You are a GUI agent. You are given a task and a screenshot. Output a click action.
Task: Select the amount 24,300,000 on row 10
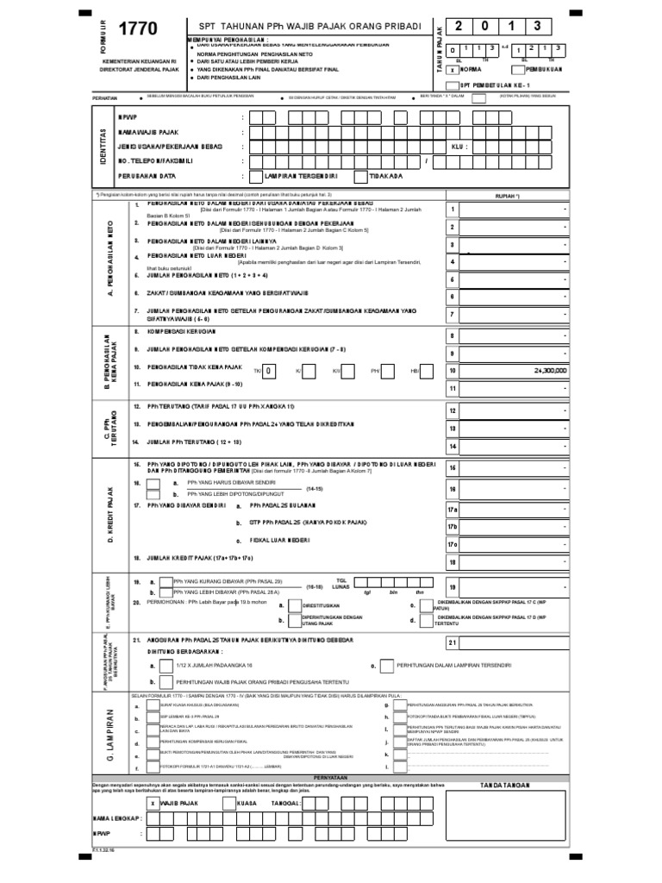pyautogui.click(x=543, y=371)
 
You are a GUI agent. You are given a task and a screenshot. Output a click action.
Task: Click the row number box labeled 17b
pyautogui.click(x=452, y=526)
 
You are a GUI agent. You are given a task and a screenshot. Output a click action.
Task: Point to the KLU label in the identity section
pyautogui.click(x=458, y=147)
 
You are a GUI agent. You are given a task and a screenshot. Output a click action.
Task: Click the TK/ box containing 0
pyautogui.click(x=269, y=371)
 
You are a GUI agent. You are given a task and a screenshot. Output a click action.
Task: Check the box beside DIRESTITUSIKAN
pyautogui.click(x=294, y=606)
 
